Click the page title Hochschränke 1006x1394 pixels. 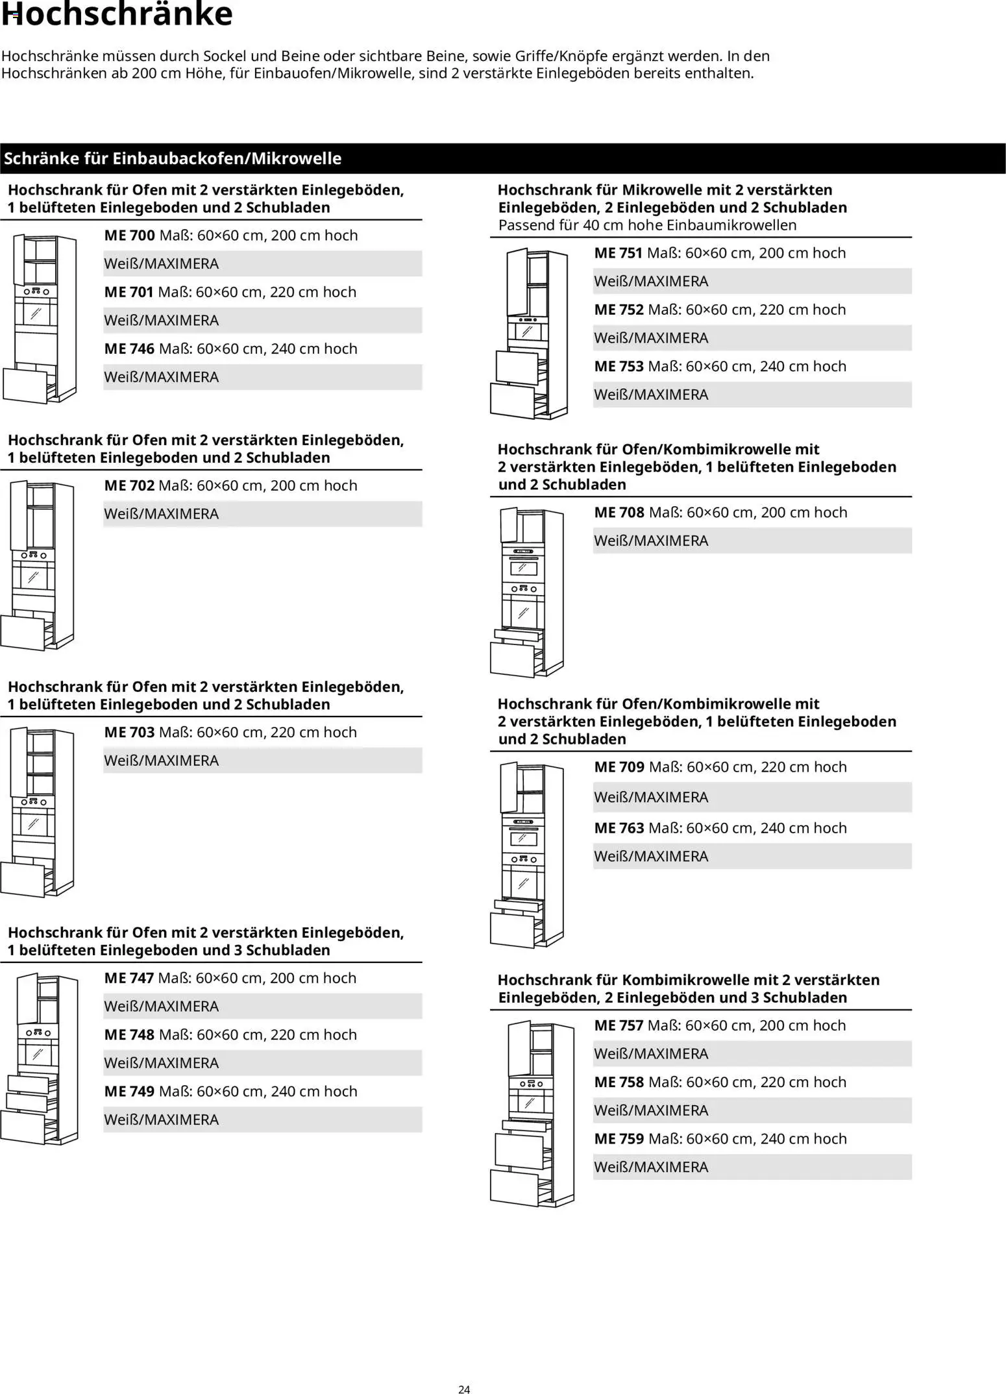[117, 14]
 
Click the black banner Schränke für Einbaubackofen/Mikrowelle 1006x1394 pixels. [173, 158]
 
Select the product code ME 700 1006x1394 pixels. [129, 236]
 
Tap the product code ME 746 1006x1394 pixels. [129, 349]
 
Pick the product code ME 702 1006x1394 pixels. [129, 486]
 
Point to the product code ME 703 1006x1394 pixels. [129, 733]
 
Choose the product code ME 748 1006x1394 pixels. [129, 1035]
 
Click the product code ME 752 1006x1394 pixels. [619, 310]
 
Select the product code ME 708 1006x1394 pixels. [619, 513]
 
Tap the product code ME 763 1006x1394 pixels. [619, 829]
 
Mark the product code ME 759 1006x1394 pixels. [619, 1139]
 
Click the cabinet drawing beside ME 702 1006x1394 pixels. [38, 565]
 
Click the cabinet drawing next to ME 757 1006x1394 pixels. [532, 1112]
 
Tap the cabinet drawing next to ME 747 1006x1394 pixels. [39, 1058]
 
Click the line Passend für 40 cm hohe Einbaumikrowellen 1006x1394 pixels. [647, 225]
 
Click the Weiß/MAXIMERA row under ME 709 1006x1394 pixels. [752, 798]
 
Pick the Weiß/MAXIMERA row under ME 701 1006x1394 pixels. [262, 321]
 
